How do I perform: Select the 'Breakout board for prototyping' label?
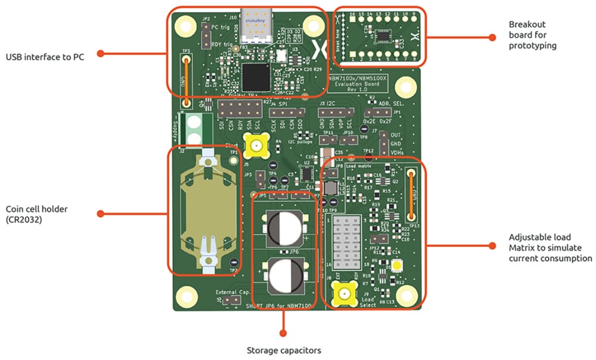[532, 35]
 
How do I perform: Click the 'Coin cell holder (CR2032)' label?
[38, 214]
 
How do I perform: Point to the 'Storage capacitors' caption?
[284, 350]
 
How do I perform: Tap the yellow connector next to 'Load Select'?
[344, 294]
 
